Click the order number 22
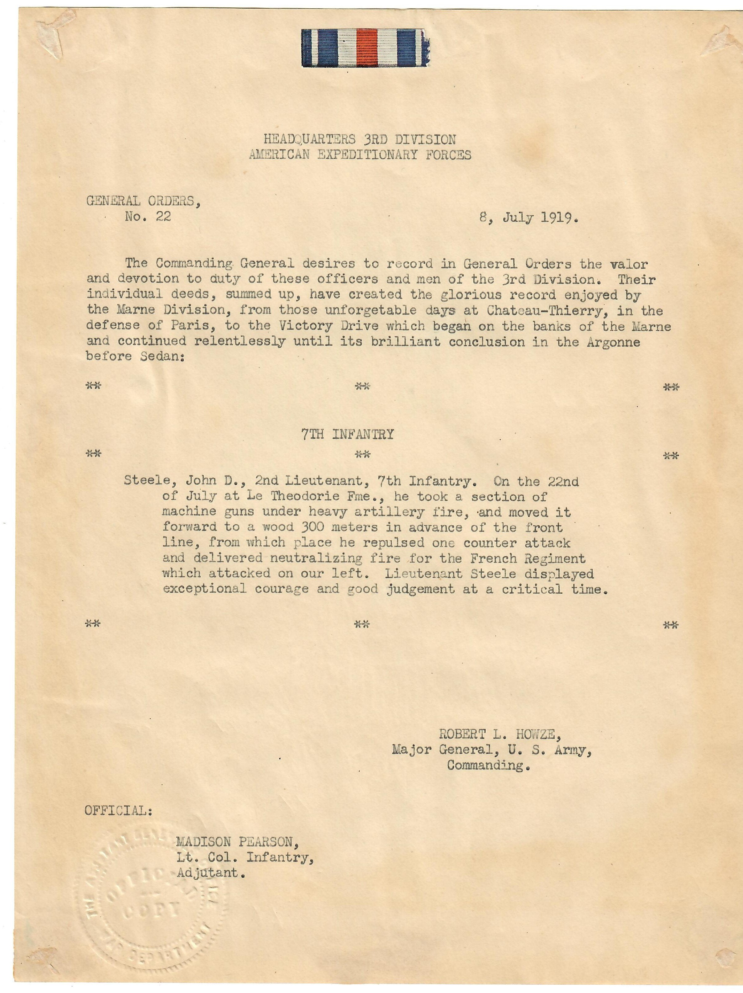(x=164, y=217)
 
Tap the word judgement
(x=420, y=589)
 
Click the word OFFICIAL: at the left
(x=118, y=811)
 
